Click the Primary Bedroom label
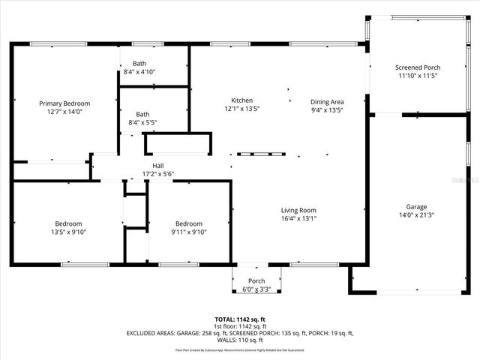point(65,103)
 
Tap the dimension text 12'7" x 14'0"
point(65,112)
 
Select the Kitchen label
point(241,100)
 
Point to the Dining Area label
point(327,101)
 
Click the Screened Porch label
point(418,67)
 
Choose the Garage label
point(416,207)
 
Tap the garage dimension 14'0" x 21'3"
point(416,215)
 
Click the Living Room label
point(298,210)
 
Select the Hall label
point(158,166)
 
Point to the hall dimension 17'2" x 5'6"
point(158,174)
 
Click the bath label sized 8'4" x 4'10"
point(140,64)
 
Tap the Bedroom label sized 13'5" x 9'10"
point(68,223)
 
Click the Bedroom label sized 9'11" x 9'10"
point(189,223)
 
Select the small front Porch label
point(256,282)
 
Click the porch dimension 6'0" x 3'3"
point(256,289)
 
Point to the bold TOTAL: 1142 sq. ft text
point(240,319)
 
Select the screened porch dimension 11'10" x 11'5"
point(418,76)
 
